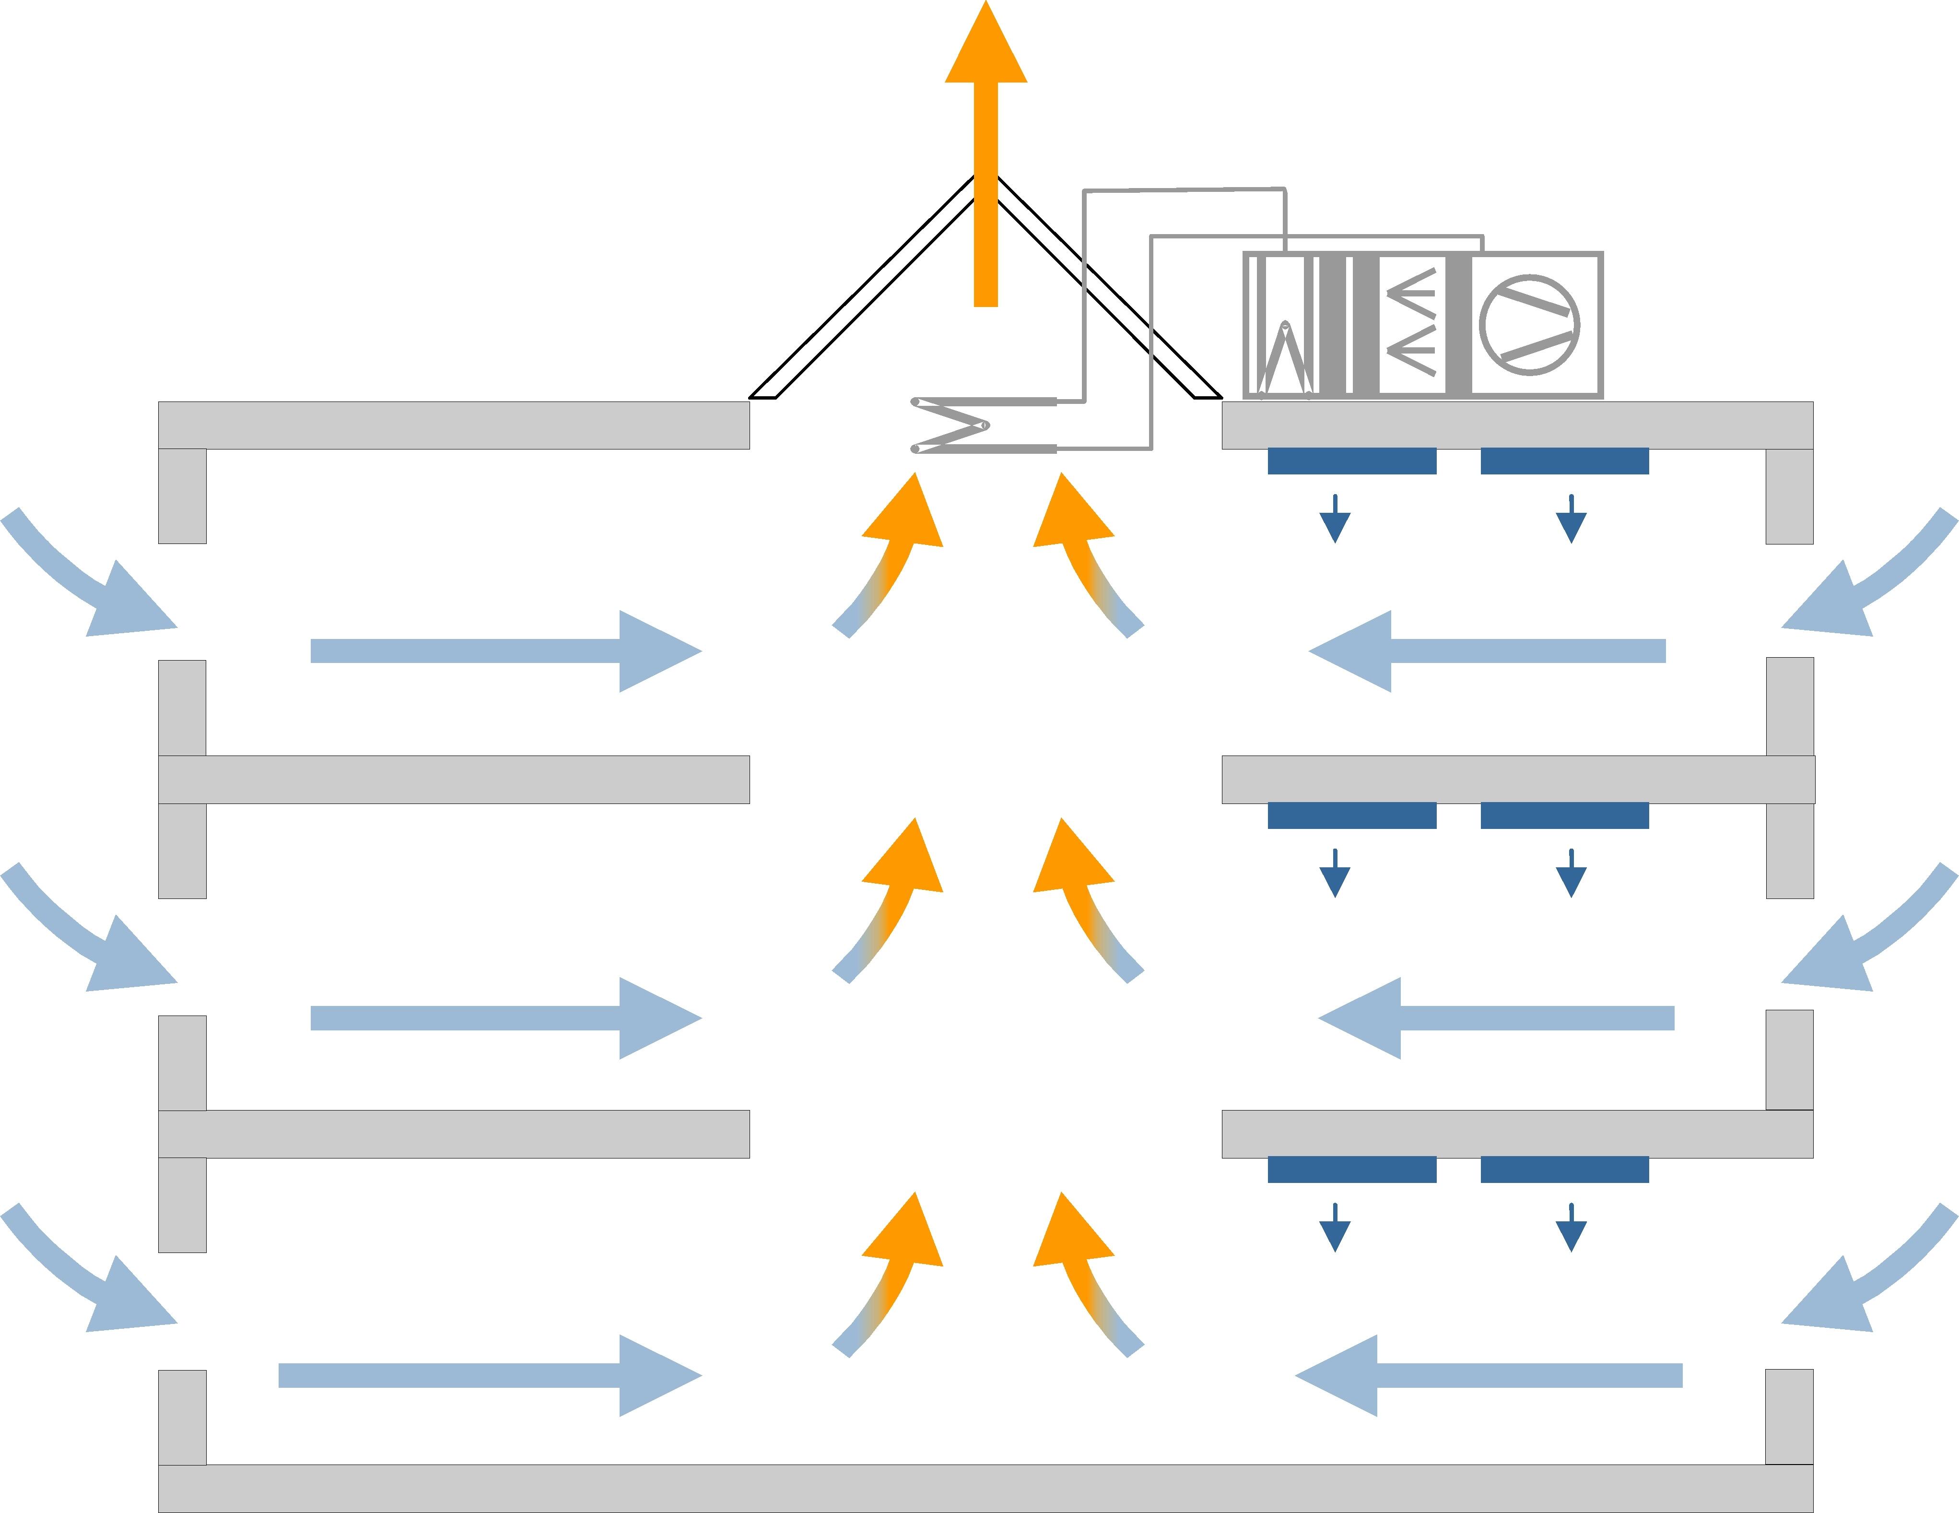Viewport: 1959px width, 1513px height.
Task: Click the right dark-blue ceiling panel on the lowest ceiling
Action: [x=1564, y=1170]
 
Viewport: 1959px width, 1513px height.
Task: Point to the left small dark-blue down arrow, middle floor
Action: [x=1335, y=875]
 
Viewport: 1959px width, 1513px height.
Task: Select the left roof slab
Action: [x=454, y=426]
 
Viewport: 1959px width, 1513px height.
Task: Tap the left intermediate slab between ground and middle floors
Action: [x=454, y=1135]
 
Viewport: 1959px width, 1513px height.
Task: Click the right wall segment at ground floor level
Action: [x=1789, y=1416]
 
